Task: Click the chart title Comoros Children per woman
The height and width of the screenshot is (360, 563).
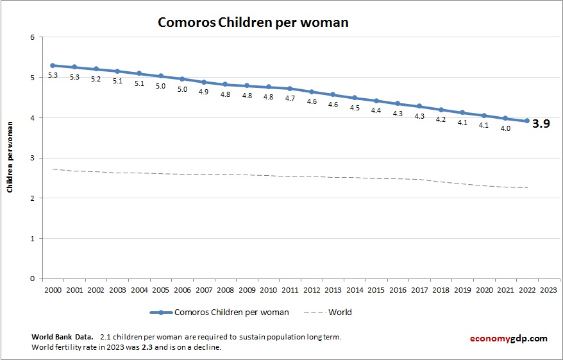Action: (253, 22)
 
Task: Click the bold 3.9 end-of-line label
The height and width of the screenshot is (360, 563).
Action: (542, 124)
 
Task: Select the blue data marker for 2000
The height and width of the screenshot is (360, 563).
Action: (53, 65)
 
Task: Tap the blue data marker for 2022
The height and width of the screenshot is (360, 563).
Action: (527, 121)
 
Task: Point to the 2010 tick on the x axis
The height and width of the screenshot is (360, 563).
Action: (269, 290)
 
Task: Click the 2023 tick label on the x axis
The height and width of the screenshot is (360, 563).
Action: (549, 290)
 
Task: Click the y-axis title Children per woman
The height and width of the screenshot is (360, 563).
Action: (11, 158)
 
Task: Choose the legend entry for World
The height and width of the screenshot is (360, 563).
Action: (339, 313)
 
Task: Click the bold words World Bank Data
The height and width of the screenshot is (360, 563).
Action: (62, 337)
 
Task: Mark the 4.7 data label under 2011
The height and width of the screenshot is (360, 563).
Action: (290, 98)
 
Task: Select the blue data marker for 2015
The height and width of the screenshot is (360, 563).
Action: (376, 101)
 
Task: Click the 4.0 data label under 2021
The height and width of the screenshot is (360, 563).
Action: (505, 128)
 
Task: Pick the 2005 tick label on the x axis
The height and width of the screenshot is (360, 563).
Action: (161, 290)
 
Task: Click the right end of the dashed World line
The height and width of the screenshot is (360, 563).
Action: (527, 188)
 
